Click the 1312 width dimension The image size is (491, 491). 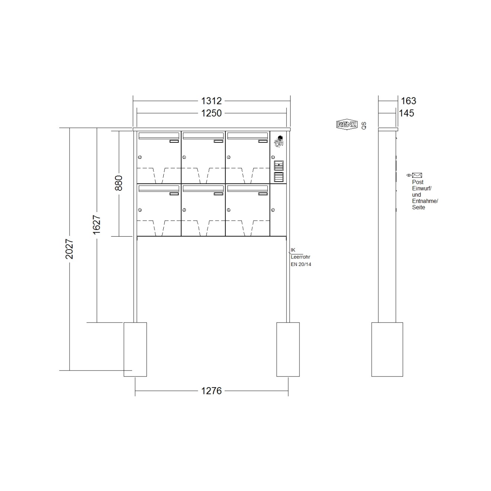(x=211, y=101)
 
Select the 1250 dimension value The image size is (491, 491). (x=211, y=113)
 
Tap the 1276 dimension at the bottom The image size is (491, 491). (x=211, y=391)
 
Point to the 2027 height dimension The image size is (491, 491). (x=69, y=249)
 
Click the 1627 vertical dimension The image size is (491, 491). (x=97, y=225)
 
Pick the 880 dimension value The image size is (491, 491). (x=119, y=183)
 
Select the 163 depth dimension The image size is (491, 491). (x=408, y=101)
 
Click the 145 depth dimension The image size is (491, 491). (x=407, y=113)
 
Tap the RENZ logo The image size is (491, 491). (x=347, y=125)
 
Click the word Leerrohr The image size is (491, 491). (x=301, y=257)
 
